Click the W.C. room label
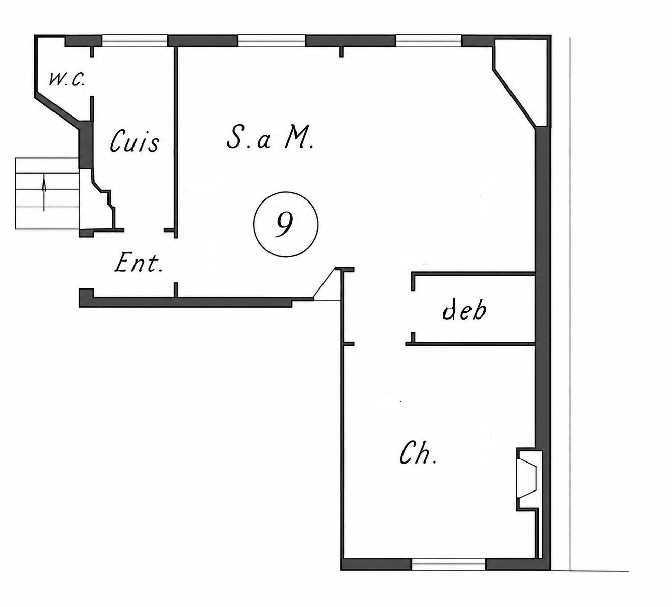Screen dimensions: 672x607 click(66, 80)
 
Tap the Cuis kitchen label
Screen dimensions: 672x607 click(135, 141)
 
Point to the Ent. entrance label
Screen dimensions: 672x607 click(139, 263)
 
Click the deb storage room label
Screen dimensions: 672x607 click(464, 309)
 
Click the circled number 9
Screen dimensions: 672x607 click(286, 224)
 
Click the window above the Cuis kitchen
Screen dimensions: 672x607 click(135, 41)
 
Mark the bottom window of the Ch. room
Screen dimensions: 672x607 click(448, 564)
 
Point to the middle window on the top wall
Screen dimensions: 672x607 click(272, 41)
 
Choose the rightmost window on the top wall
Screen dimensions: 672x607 click(428, 41)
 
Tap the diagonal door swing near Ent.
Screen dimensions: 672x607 click(324, 283)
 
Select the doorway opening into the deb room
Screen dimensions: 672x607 click(413, 312)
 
